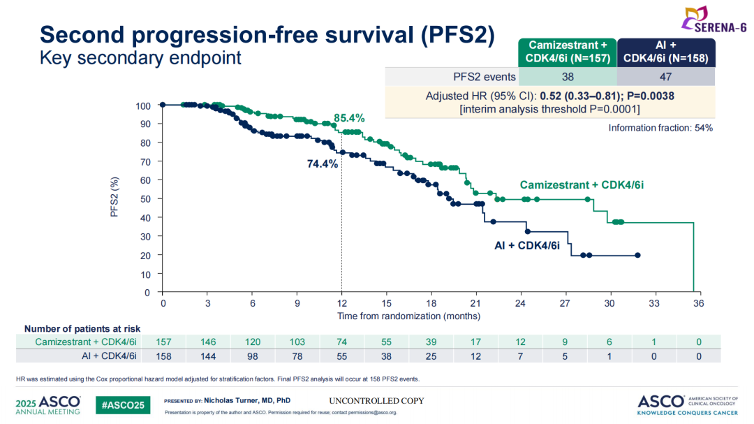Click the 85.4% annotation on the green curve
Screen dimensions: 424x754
pyautogui.click(x=349, y=119)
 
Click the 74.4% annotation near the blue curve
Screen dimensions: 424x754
pyautogui.click(x=323, y=164)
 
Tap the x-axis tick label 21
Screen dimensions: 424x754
pyautogui.click(x=475, y=304)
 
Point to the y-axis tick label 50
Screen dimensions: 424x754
pyautogui.click(x=145, y=199)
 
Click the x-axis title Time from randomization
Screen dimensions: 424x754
pyautogui.click(x=408, y=316)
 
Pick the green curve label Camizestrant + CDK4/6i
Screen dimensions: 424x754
pyautogui.click(x=581, y=185)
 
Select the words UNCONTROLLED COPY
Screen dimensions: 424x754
pyautogui.click(x=376, y=401)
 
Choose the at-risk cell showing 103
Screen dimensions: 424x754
pyautogui.click(x=297, y=342)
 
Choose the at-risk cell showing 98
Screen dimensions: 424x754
pyautogui.click(x=253, y=356)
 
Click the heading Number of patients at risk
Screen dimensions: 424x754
pyautogui.click(x=82, y=328)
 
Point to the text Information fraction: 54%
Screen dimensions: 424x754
pyautogui.click(x=660, y=128)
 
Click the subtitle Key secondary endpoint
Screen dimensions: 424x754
pyautogui.click(x=140, y=58)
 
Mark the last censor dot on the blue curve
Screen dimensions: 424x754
pyautogui.click(x=637, y=255)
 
